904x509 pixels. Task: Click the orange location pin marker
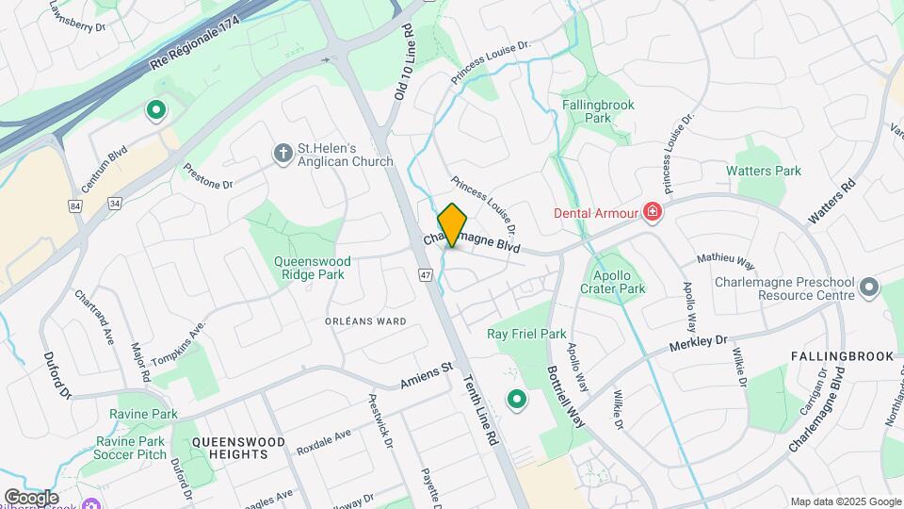point(453,225)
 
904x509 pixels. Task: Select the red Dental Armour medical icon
point(651,212)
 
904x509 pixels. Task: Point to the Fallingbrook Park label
point(598,111)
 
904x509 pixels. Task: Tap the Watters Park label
point(764,171)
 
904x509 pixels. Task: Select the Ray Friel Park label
point(526,334)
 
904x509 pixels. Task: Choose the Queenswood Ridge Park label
point(312,268)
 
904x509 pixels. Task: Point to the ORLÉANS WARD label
point(365,321)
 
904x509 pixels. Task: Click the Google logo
point(31,497)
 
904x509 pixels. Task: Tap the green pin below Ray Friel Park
point(516,401)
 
